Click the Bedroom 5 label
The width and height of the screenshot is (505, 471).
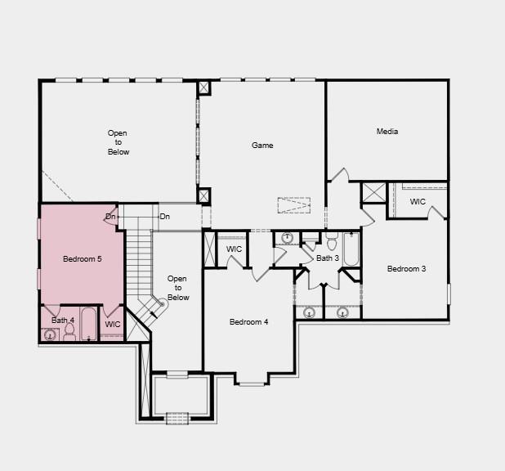[x=83, y=259]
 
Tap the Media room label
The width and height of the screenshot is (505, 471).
[x=387, y=132]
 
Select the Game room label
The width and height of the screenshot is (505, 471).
[x=262, y=146]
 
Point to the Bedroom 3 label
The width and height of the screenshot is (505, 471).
[x=406, y=269]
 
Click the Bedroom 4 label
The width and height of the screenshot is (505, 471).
[x=248, y=322]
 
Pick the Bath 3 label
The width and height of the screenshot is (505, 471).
[x=328, y=258]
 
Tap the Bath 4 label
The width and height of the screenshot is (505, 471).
[x=63, y=321]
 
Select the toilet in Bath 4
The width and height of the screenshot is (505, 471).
[x=69, y=331]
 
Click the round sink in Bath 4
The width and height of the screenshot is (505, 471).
[x=49, y=334]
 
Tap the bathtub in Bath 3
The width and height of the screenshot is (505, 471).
[x=351, y=249]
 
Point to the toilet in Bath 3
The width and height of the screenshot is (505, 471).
[x=332, y=243]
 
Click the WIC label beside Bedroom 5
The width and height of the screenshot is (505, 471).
[x=113, y=325]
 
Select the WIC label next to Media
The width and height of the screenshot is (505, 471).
[x=418, y=202]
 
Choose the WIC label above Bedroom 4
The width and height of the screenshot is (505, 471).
[x=235, y=249]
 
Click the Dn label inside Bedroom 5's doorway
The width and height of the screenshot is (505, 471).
[x=110, y=217]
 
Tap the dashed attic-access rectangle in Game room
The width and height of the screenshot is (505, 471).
[x=293, y=205]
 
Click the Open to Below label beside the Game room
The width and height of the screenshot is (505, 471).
[x=118, y=142]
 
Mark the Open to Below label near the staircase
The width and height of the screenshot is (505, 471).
[x=177, y=289]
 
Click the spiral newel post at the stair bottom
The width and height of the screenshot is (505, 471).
[x=161, y=304]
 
